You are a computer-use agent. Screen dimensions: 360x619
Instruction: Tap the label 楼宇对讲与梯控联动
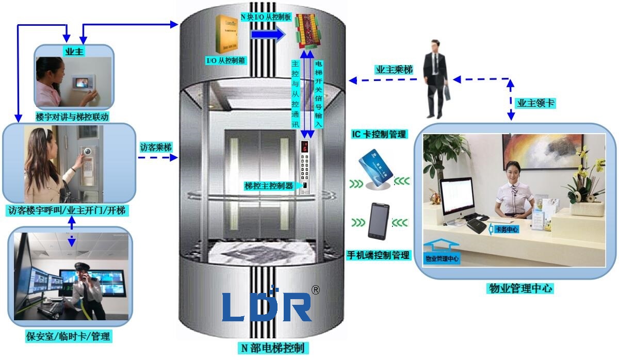(x=72, y=117)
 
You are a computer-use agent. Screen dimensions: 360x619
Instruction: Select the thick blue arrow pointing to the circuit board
(x=268, y=35)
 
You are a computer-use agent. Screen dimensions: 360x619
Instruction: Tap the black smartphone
(x=378, y=221)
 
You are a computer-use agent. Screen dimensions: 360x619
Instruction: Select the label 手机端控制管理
(x=379, y=255)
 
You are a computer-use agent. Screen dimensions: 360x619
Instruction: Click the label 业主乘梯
(x=394, y=70)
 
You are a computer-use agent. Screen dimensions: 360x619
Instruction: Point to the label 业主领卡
(x=536, y=103)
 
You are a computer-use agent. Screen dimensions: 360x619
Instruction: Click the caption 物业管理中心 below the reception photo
(x=520, y=289)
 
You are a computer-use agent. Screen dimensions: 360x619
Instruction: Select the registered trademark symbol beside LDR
(x=315, y=290)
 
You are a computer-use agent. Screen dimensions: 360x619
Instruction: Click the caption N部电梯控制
(x=274, y=348)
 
